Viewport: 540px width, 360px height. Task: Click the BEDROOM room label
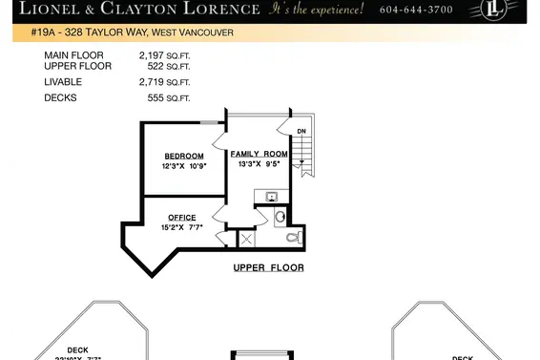(183, 156)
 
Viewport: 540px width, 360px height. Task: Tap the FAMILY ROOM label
(259, 153)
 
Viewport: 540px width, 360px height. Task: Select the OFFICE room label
(181, 218)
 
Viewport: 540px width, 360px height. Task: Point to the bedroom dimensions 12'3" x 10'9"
(183, 165)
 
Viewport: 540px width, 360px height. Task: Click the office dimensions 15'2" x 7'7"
(181, 227)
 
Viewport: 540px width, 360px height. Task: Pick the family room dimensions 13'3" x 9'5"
(259, 163)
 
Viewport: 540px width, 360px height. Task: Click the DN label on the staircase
(301, 131)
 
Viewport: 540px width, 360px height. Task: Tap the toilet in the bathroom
(295, 236)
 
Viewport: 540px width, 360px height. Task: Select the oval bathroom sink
(280, 217)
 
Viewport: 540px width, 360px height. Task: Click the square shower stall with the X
(246, 239)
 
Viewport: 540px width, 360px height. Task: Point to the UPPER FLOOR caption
(268, 267)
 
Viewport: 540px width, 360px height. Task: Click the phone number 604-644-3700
(416, 10)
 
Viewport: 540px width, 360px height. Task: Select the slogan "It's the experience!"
(317, 10)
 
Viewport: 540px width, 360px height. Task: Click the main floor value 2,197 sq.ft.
(164, 56)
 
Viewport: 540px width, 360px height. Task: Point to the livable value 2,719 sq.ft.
(164, 83)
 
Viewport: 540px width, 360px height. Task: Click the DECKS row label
(60, 97)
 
